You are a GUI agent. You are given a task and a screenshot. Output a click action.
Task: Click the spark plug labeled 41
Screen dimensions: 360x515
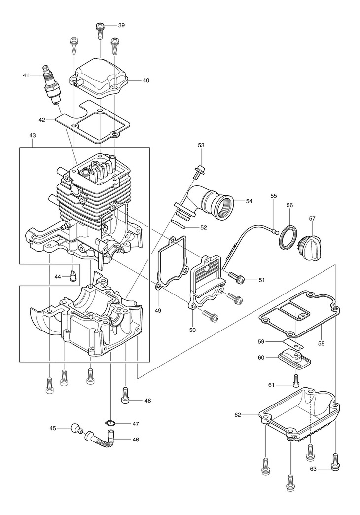point(52,85)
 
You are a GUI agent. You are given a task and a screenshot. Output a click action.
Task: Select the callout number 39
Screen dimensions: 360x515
point(121,25)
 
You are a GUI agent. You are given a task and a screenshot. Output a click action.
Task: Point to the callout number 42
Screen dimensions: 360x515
point(42,120)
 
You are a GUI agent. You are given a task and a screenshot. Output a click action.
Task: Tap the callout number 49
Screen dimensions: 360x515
point(158,310)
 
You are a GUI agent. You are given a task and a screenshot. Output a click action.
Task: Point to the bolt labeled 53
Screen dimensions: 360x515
point(198,172)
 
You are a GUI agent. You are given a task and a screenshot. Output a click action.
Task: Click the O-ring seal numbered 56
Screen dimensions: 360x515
point(288,236)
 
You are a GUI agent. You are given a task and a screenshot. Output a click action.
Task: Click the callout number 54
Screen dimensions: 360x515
point(249,201)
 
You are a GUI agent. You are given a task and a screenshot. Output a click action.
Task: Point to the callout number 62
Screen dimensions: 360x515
point(238,415)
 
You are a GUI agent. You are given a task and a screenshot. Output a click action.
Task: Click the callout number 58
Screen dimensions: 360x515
point(321,343)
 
